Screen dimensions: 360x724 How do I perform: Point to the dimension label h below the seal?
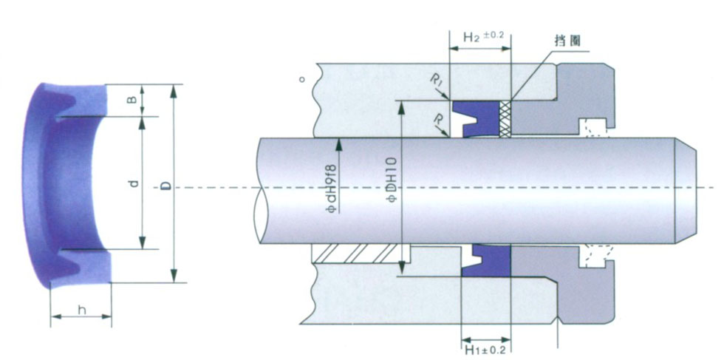[81, 310]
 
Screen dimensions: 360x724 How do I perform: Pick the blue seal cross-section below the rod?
[485, 261]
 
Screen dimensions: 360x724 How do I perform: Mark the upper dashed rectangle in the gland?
[595, 128]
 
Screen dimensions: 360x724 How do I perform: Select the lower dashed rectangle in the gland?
[595, 256]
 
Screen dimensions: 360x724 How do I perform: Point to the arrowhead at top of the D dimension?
[174, 90]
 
